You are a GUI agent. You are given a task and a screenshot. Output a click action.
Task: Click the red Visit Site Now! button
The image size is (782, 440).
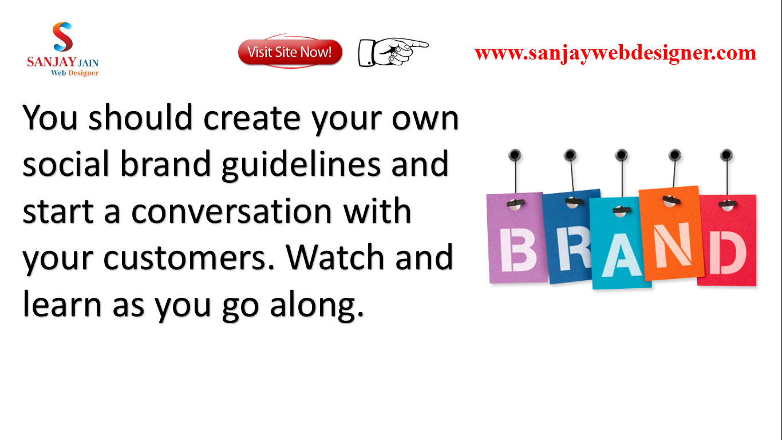pos(290,52)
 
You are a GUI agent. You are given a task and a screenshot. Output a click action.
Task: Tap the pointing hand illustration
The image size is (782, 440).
pos(393,52)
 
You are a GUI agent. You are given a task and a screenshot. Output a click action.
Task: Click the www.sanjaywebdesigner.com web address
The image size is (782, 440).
pos(615,53)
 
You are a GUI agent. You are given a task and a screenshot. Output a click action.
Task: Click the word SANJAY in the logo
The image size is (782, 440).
pos(52,62)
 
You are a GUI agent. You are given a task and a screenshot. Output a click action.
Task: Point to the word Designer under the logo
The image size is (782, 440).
pos(83,73)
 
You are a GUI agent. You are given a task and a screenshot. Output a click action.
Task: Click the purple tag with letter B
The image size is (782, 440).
pos(517,238)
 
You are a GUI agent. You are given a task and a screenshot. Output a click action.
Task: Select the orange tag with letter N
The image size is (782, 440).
pos(671,233)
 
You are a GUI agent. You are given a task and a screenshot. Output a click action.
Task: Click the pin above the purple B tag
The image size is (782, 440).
pos(515,155)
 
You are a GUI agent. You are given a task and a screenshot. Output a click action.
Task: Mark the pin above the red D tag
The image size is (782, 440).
pos(726,155)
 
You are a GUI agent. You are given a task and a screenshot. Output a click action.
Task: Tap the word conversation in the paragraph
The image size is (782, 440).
pos(231,211)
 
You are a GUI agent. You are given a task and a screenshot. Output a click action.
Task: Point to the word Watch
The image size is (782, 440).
pos(335,256)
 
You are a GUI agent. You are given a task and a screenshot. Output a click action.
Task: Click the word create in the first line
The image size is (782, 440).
pos(252,118)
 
